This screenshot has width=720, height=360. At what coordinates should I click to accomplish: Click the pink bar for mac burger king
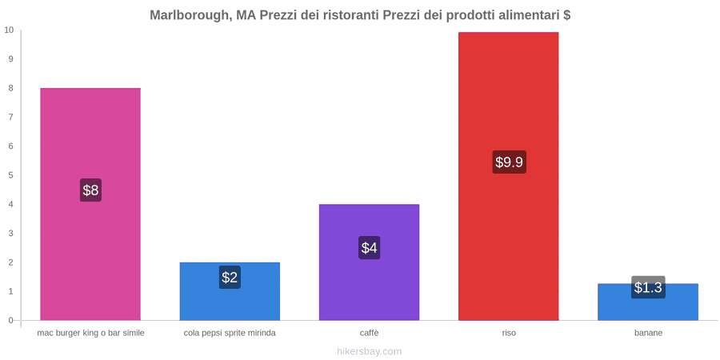90,204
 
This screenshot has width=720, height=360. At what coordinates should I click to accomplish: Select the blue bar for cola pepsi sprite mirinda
230,291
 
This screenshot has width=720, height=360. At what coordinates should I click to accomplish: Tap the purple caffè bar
369,262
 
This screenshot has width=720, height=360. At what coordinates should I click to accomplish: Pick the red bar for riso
509,176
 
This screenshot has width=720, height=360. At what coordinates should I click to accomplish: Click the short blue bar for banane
648,302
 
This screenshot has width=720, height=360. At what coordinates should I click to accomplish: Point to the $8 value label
90,190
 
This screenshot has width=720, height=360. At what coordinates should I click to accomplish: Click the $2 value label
230,278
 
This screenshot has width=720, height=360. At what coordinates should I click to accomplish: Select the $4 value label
369,248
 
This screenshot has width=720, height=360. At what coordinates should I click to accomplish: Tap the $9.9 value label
510,162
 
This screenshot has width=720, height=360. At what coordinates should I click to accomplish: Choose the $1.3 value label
648,287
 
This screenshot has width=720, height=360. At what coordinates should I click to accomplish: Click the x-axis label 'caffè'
369,334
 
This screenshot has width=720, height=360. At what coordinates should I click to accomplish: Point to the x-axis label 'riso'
509,334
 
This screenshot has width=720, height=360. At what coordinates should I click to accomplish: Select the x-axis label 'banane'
648,334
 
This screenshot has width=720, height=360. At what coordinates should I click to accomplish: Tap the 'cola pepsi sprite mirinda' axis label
230,334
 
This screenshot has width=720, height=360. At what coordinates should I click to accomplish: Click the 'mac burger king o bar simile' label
91,334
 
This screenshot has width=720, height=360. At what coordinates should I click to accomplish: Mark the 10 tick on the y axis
9,30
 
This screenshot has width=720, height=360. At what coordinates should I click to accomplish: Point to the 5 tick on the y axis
11,175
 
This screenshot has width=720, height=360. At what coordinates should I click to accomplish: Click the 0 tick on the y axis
11,321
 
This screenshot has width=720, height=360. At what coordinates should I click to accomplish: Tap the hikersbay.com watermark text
369,352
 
